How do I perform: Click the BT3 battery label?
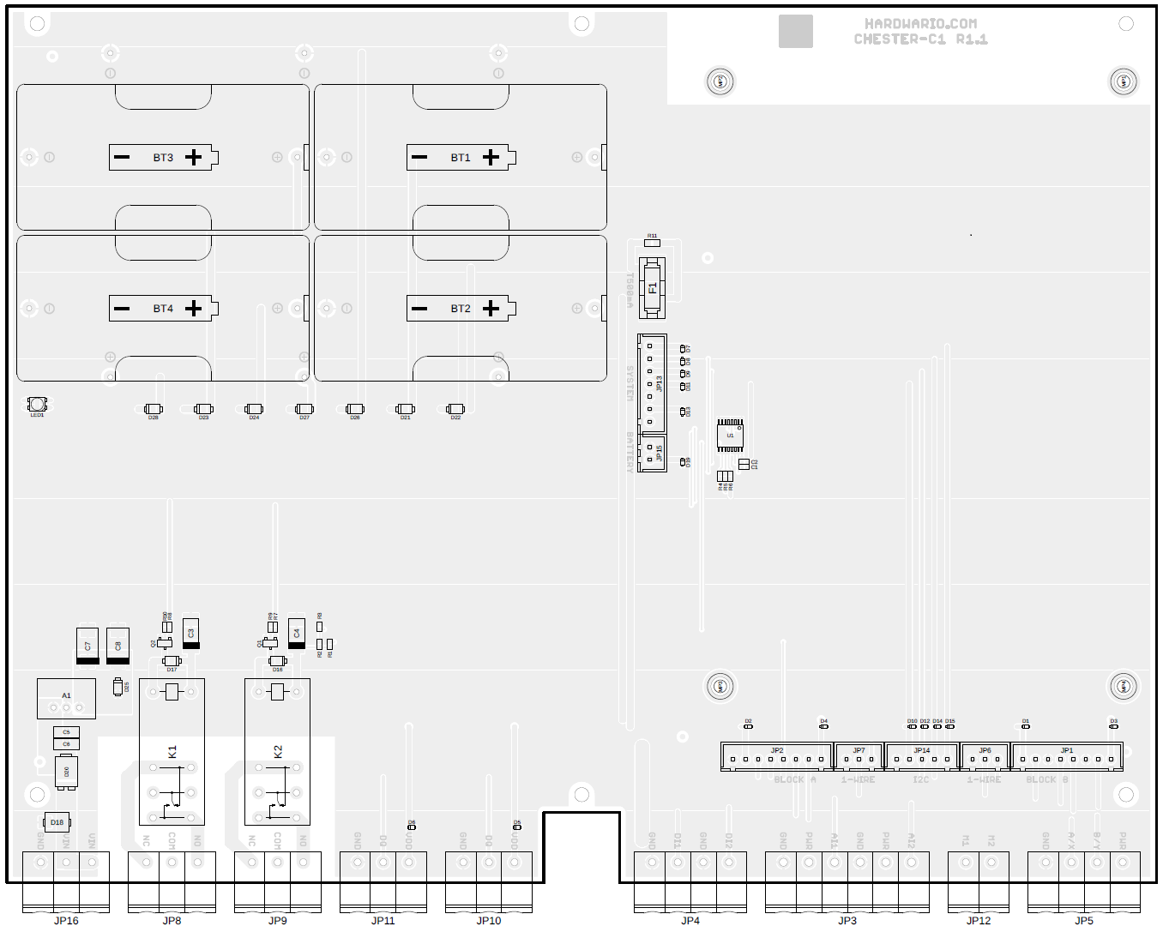coord(163,158)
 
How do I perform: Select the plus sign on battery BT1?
coord(491,157)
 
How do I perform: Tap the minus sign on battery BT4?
coord(122,309)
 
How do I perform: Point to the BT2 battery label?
coord(461,309)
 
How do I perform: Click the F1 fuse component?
coord(653,287)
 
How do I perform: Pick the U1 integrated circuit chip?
coord(730,436)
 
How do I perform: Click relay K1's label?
coord(172,752)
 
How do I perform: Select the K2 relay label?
coord(278,752)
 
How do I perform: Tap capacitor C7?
coord(87,646)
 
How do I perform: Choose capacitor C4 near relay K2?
coord(297,633)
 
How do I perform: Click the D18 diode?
coord(57,822)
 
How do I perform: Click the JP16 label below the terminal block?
coord(66,921)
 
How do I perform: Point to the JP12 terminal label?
coord(979,921)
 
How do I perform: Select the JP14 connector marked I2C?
coord(922,756)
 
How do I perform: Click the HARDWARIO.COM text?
coord(920,24)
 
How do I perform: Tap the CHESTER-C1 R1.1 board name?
coord(920,39)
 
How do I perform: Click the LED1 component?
coord(37,404)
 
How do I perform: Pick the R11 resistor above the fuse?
coord(652,243)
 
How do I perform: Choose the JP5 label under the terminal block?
coord(1084,921)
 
